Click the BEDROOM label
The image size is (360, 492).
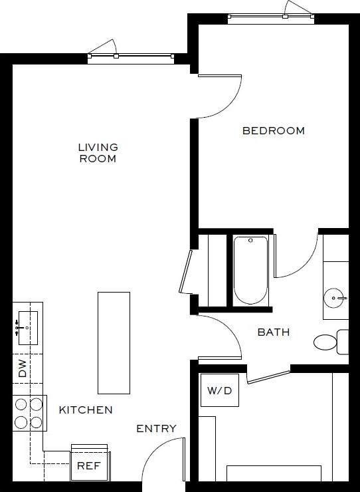[x=273, y=131]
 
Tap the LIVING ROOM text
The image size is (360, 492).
[x=98, y=153]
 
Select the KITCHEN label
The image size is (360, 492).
[x=86, y=410]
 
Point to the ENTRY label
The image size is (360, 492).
[x=157, y=429]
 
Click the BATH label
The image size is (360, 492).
[x=274, y=332]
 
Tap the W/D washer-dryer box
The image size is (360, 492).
[x=219, y=390]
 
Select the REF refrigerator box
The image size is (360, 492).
[x=88, y=465]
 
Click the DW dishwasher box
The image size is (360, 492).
[x=22, y=369]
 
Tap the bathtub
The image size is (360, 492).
[x=250, y=270]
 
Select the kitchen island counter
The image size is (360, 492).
[x=114, y=342]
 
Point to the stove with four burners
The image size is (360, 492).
[x=29, y=412]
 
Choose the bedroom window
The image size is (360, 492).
[x=270, y=18]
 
